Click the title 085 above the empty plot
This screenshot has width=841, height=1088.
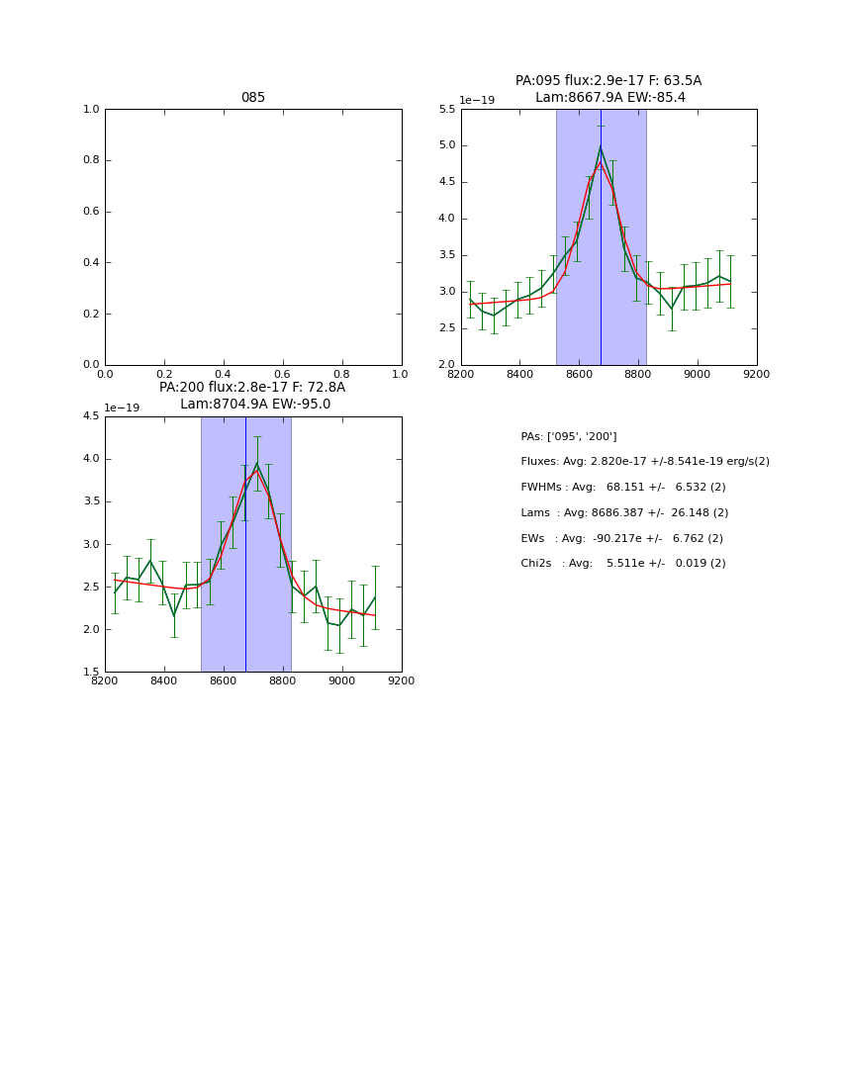pos(253,98)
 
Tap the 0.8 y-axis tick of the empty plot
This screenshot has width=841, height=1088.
pos(91,160)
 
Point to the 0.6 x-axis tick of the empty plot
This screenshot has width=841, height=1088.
pos(283,374)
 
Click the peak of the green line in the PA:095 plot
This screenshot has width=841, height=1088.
pos(601,147)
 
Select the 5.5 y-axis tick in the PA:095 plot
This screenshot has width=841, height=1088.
pos(446,110)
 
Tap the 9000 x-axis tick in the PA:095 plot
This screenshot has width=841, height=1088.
pos(698,374)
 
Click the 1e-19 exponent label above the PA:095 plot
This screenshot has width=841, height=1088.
pos(477,101)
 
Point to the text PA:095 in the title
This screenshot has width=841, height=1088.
pos(537,81)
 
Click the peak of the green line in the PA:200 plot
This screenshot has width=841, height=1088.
pos(257,463)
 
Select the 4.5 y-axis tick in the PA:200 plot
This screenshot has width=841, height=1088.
pos(91,416)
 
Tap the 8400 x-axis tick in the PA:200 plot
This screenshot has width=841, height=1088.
pos(164,680)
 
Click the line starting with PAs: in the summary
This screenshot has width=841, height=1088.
pos(569,437)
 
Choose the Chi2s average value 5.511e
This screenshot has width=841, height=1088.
pos(625,564)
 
